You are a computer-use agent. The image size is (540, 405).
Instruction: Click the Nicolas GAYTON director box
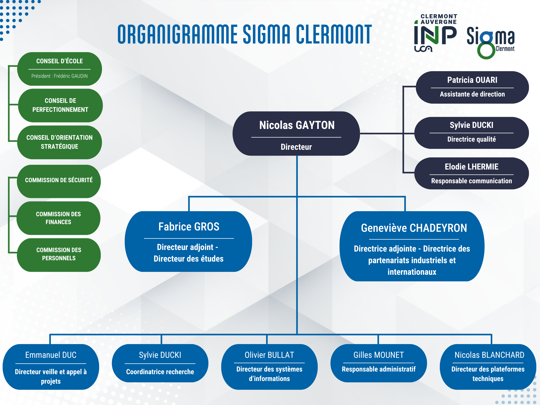(x=296, y=133)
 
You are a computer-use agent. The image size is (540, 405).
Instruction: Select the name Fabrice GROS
(x=189, y=227)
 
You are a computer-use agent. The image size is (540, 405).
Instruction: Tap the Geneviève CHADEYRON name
(x=414, y=228)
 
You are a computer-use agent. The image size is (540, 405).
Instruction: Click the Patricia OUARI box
(x=472, y=87)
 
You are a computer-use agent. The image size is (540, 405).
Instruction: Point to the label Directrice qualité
(x=471, y=139)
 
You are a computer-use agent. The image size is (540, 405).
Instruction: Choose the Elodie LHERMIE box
(x=471, y=173)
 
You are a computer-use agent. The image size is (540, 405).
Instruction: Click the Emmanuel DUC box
(x=51, y=367)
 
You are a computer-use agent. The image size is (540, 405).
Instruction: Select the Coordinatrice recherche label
(x=160, y=372)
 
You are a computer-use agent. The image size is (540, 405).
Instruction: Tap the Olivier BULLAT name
(x=269, y=355)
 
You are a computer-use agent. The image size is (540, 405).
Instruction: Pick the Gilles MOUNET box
(x=379, y=363)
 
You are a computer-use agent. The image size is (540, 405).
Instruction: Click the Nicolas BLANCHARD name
(x=489, y=355)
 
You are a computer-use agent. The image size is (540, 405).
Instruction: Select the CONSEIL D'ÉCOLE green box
(x=60, y=69)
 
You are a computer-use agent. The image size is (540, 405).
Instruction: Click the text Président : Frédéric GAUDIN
(x=60, y=76)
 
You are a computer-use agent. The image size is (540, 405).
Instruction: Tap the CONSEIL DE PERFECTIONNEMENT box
(x=60, y=105)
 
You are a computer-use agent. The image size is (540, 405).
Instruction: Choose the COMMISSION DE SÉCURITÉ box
(x=59, y=181)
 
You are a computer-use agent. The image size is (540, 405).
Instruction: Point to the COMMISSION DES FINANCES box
(x=59, y=218)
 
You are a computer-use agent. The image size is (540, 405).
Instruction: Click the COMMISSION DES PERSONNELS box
(x=59, y=255)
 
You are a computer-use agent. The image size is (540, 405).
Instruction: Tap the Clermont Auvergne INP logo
(x=435, y=33)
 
